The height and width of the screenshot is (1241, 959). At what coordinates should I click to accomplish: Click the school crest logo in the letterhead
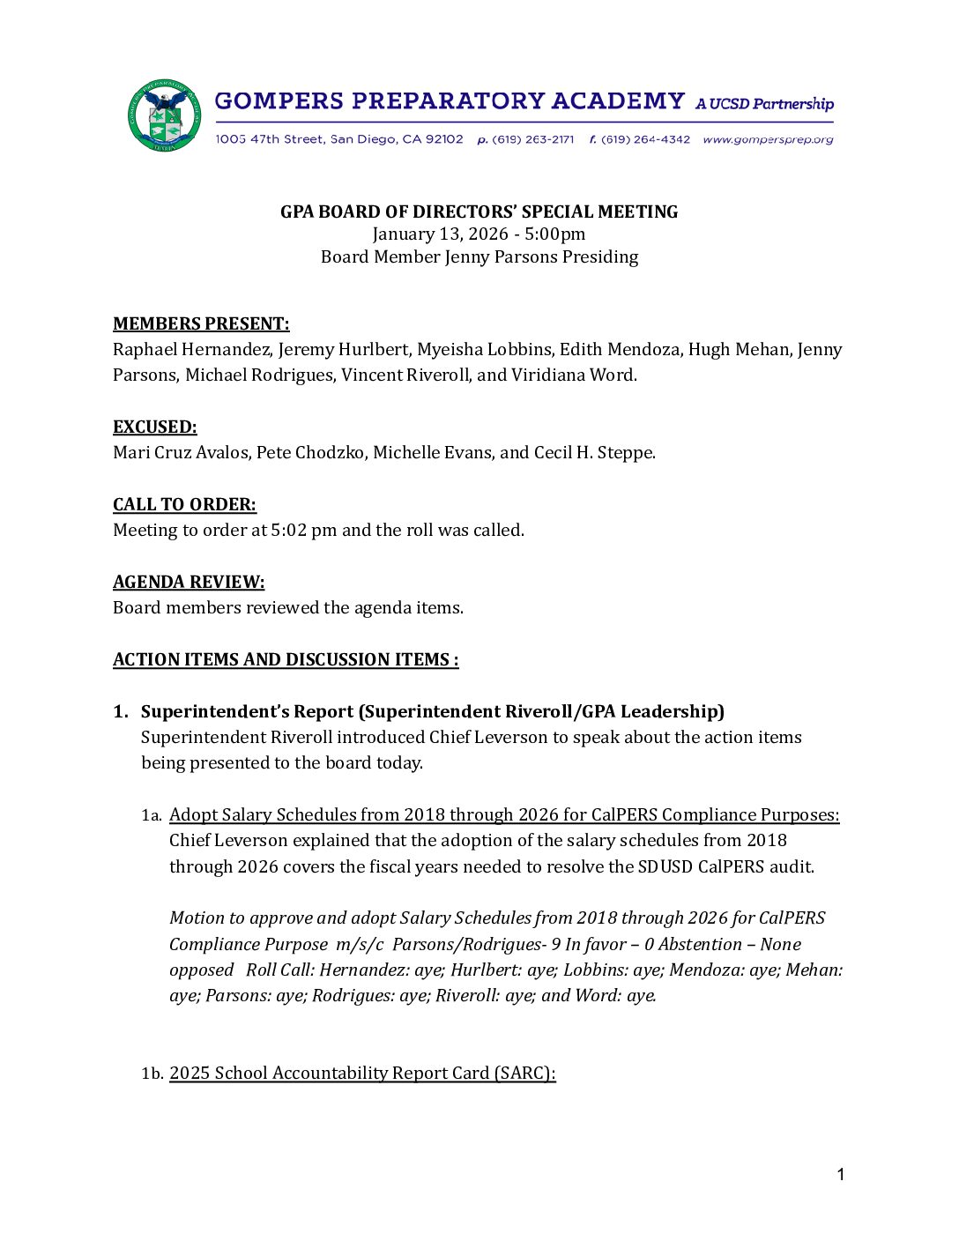(165, 115)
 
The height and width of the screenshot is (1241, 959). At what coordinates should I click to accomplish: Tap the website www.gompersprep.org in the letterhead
(768, 139)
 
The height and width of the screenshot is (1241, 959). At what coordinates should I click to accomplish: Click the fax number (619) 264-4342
(645, 139)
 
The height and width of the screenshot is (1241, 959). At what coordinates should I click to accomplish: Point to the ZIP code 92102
(444, 139)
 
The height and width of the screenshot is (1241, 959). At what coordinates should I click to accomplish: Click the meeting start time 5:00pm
(555, 234)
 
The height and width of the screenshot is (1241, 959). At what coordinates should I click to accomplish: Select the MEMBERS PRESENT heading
(201, 323)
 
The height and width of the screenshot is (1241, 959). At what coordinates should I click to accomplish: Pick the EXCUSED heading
(155, 427)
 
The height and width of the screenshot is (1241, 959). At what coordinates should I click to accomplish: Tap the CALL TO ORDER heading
(184, 504)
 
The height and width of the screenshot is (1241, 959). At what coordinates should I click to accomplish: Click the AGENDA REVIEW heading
(189, 582)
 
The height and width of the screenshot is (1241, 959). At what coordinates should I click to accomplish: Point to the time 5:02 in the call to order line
(289, 530)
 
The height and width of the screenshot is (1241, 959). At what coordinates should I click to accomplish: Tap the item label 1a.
(152, 815)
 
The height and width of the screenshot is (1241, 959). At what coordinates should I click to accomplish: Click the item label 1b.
(152, 1074)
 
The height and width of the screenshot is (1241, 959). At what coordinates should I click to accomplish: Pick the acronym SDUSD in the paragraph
(665, 866)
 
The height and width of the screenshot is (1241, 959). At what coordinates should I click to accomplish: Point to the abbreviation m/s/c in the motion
(360, 944)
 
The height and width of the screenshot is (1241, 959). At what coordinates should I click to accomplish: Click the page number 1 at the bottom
(841, 1174)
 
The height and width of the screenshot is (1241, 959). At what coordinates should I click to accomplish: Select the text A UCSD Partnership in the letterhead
(764, 104)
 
